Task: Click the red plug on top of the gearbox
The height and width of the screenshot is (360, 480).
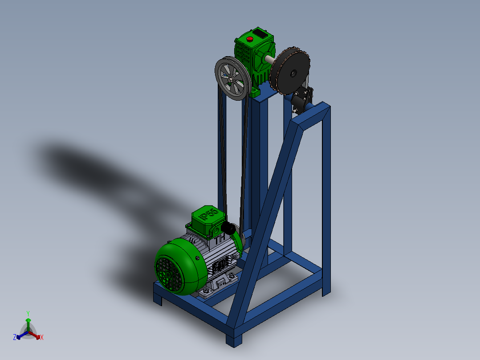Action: (x=250, y=39)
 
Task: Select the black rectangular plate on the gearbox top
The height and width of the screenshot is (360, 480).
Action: (x=259, y=33)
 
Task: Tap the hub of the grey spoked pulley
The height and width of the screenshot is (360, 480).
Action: (x=231, y=79)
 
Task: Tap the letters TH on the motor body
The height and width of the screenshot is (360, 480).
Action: (x=220, y=239)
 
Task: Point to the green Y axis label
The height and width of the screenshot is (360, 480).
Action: (x=28, y=313)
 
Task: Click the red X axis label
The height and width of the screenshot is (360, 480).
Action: (x=42, y=338)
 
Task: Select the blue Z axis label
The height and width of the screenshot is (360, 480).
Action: (x=14, y=338)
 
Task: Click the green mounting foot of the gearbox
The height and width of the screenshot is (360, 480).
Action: (x=255, y=92)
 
